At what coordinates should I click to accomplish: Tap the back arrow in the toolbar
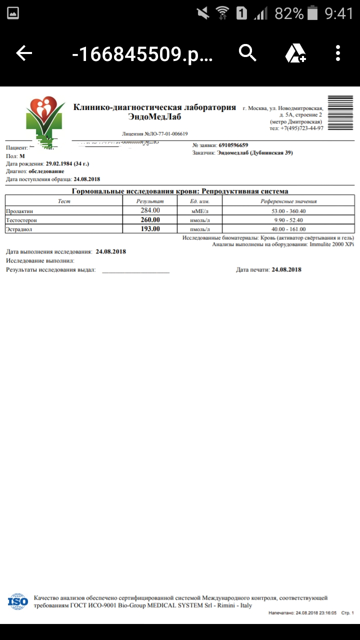pos(24,53)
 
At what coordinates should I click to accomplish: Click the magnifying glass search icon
pos(247,52)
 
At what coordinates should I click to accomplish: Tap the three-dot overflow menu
pos(338,53)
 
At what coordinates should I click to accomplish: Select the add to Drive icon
pos(295,53)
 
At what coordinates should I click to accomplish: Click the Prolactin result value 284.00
pos(150,210)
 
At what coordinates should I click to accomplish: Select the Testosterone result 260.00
pos(150,219)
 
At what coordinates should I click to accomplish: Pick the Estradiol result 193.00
pos(150,228)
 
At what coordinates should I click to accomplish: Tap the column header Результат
pos(150,201)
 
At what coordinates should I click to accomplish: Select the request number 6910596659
pos(233,145)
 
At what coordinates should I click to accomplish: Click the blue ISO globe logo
pos(18,601)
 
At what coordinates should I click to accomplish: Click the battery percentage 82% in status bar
pos(289,13)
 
